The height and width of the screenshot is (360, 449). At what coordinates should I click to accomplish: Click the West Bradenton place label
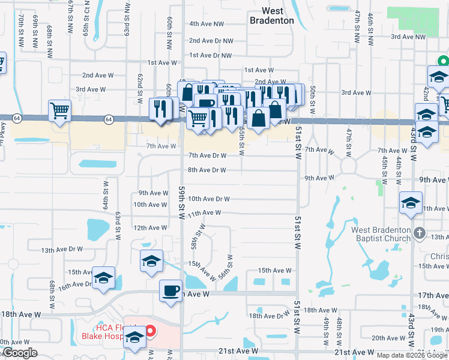(x=272, y=16)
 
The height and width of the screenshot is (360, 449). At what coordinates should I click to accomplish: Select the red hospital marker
(x=150, y=330)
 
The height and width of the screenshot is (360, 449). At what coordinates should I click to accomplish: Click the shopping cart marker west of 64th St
(x=60, y=110)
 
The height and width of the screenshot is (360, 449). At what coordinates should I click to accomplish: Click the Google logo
(x=19, y=353)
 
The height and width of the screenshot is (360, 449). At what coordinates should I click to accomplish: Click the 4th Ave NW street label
(x=206, y=24)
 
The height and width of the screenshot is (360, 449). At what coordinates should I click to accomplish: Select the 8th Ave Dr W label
(x=206, y=170)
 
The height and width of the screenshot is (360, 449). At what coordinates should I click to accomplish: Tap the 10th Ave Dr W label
(x=209, y=199)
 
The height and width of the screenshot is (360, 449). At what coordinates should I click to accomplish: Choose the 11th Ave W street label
(x=204, y=213)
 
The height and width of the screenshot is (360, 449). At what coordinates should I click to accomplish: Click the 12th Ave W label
(x=149, y=228)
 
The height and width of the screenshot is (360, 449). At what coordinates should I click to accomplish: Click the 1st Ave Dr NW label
(x=210, y=55)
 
